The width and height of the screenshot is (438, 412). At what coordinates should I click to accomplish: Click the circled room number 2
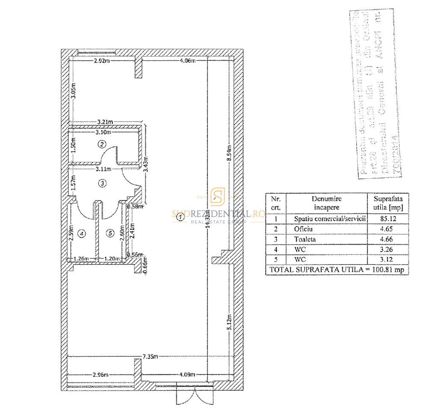click(x=102, y=144)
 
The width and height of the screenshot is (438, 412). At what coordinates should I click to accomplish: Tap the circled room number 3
click(x=102, y=183)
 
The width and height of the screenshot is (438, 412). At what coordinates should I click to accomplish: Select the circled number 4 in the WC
click(x=82, y=233)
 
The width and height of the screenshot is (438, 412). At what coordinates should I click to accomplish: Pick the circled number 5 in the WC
click(x=110, y=233)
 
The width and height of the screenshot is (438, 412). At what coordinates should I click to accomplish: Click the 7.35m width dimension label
click(x=151, y=356)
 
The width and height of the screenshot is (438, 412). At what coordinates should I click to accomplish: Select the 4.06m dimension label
click(x=188, y=61)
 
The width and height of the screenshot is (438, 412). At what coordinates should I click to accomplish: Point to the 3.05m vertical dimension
click(x=73, y=93)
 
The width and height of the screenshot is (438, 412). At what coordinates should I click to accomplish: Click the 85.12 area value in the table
click(x=387, y=219)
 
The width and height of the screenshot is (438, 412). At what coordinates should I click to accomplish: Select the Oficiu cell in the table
click(x=303, y=229)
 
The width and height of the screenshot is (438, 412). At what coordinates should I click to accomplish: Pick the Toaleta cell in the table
click(x=305, y=239)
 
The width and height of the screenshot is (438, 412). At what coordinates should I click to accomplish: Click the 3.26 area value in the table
click(x=387, y=249)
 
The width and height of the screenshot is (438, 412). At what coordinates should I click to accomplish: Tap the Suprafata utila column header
click(x=388, y=203)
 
